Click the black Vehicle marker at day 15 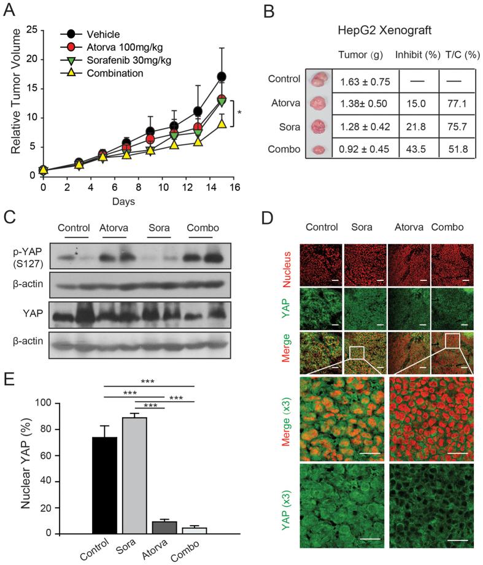click(222, 77)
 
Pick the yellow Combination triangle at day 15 click(222, 123)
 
